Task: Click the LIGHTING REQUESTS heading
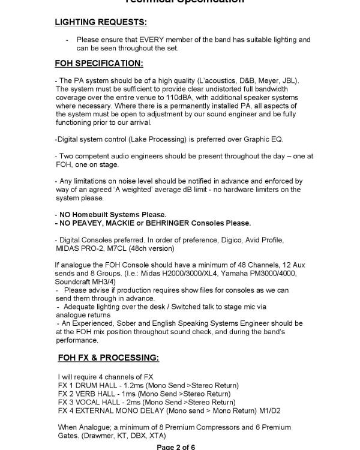[101, 22]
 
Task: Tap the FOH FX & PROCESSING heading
[109, 358]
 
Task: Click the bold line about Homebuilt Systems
[110, 214]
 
